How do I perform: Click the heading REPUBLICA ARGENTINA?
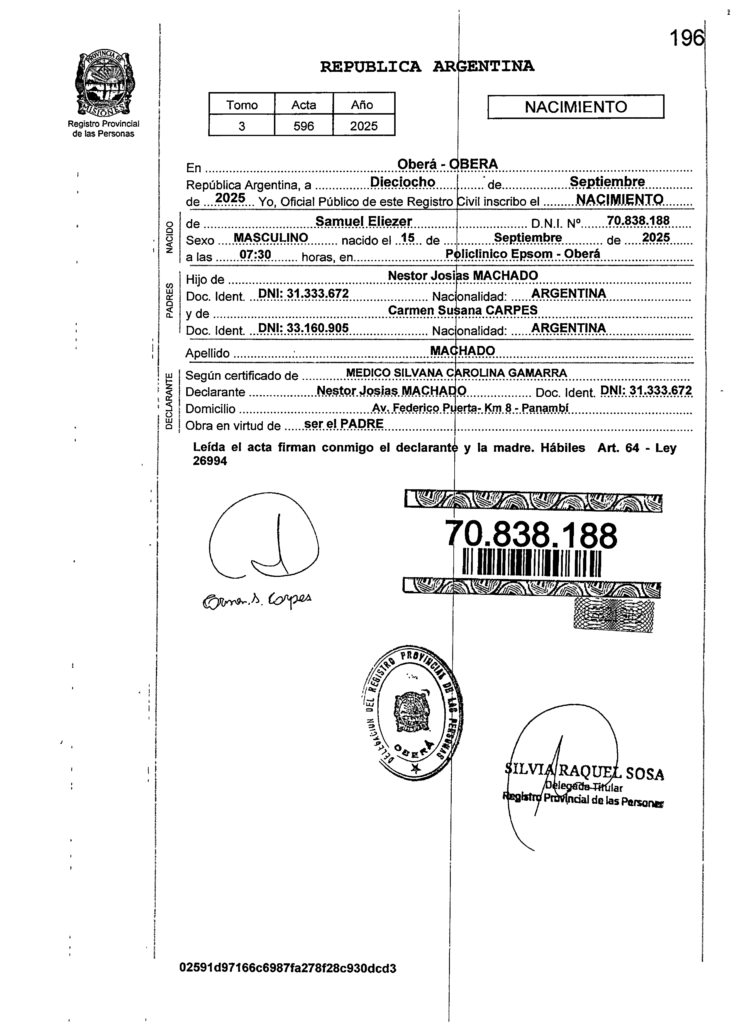point(427,67)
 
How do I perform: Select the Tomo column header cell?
point(242,105)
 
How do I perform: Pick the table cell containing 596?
point(304,126)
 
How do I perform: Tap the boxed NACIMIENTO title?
point(575,107)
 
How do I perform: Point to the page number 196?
point(687,38)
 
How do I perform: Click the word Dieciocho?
point(403,182)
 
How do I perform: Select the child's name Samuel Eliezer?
point(363,221)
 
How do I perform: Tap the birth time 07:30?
point(255,255)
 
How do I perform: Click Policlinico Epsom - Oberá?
point(523,254)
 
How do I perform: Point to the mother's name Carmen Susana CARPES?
point(462,310)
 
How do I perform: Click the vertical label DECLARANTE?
point(169,400)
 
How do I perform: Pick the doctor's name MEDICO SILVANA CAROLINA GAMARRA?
point(456,373)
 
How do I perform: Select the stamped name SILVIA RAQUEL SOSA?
point(584,772)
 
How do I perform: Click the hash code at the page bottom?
point(288,968)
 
